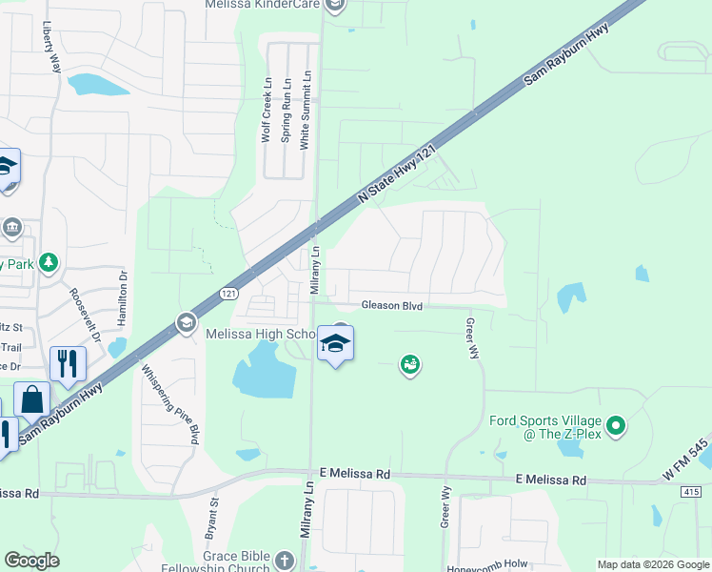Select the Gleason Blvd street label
pos(390,305)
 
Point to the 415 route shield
pos(692,491)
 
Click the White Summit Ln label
pos(305,109)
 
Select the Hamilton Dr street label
pos(122,297)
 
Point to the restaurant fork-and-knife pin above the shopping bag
pos(68,363)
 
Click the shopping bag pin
pos(31,399)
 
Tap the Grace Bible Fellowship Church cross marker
pos(284,559)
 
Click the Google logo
pos(31,561)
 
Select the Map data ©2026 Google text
pos(652,564)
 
